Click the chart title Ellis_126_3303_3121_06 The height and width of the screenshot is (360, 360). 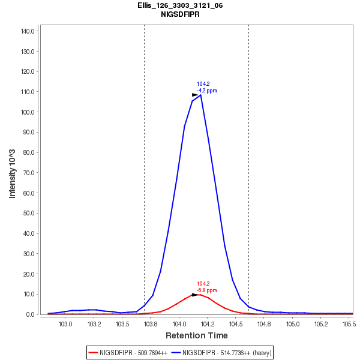coord(180,5)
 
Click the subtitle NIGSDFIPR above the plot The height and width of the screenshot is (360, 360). coord(180,14)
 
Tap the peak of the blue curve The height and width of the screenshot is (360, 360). coord(200,95)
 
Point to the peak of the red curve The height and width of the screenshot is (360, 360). coord(200,294)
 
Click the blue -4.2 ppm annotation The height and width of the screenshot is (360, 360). coord(207,91)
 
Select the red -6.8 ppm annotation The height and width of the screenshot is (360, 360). coord(207,290)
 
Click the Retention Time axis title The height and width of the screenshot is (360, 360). coord(196,335)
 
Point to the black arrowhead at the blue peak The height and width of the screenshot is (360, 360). coord(195,95)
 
